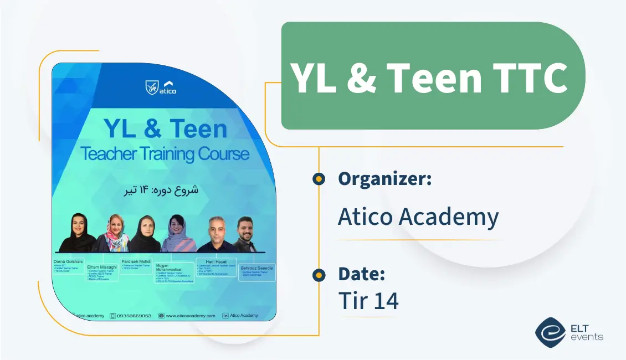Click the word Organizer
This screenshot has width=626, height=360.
384,179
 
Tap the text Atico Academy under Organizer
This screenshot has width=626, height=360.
418,217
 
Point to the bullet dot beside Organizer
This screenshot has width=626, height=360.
319,179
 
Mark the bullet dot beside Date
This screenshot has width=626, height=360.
319,274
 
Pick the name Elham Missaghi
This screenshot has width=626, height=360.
102,266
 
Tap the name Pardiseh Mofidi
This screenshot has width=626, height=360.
137,261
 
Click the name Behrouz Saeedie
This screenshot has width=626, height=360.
257,268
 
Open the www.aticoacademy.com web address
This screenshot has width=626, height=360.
190,315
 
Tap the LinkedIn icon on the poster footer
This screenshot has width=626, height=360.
225,315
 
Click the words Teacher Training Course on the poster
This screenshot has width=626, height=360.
165,153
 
